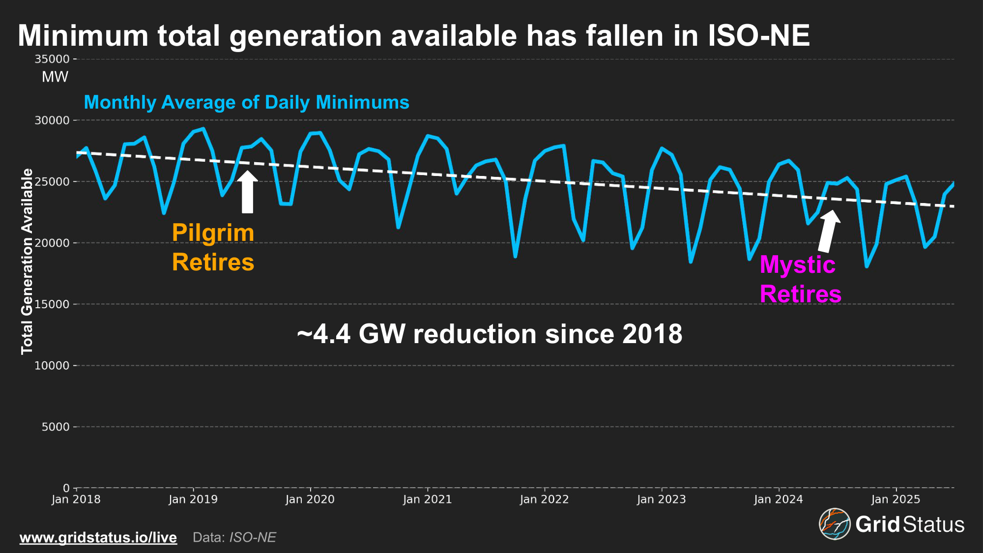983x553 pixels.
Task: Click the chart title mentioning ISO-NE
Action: (413, 36)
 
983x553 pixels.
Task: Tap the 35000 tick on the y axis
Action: (52, 59)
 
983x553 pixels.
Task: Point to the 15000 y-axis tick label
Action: (52, 304)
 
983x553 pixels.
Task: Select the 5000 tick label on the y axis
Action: (56, 427)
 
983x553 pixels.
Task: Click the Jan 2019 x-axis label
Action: (193, 499)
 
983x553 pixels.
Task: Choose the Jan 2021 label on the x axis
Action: (428, 499)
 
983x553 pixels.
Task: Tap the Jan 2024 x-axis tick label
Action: (779, 499)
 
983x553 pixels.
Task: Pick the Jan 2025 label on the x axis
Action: (896, 499)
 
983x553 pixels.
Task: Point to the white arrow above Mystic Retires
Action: (829, 231)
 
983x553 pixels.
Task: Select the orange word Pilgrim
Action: (213, 233)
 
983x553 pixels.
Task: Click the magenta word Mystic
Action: (797, 265)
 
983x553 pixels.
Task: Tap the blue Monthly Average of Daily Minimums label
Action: (246, 102)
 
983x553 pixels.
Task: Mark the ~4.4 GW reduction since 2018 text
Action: (490, 334)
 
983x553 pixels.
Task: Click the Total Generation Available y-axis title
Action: (27, 262)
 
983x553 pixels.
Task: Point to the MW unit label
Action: (55, 77)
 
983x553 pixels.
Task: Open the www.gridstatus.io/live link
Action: (98, 537)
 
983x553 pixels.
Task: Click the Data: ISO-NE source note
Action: (234, 537)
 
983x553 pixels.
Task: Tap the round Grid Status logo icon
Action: (835, 524)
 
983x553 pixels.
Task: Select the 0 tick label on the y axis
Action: (66, 488)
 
